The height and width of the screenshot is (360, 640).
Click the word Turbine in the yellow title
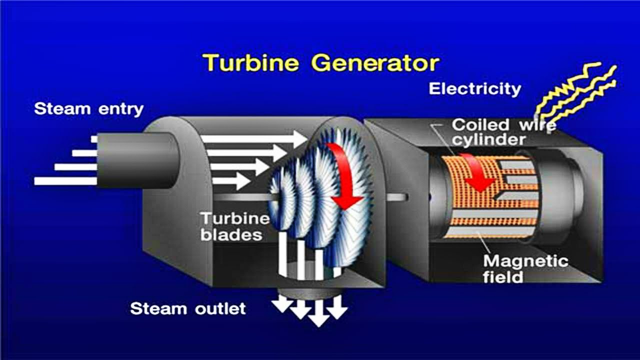tap(250, 62)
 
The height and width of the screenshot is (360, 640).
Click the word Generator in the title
tap(375, 63)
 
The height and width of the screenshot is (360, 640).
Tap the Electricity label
tap(475, 89)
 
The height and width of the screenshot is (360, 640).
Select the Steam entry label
tap(88, 109)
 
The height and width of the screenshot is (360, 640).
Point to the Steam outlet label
tap(187, 308)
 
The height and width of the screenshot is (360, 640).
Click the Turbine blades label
tap(235, 227)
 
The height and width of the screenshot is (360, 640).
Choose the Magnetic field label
tap(525, 269)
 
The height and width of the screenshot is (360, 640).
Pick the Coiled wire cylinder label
tap(504, 132)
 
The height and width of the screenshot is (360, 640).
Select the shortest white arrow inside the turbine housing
tap(231, 181)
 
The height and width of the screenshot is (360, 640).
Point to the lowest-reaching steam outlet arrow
tap(319, 313)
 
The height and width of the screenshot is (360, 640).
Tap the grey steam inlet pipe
tap(138, 160)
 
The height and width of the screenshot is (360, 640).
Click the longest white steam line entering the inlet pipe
tap(65, 181)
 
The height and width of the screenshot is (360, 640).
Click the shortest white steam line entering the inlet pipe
tap(94, 139)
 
